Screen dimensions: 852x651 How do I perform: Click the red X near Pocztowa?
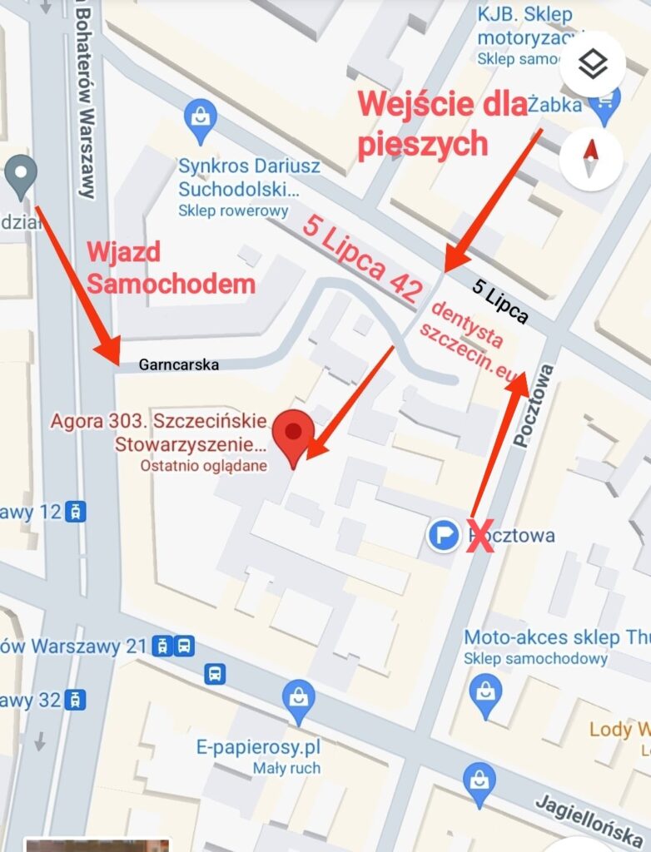[x=479, y=535]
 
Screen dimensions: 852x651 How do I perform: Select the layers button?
[x=592, y=64]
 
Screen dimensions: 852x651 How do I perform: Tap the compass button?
[x=592, y=158]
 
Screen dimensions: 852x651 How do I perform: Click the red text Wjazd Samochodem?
[x=171, y=268]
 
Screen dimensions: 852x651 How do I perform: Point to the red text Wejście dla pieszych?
[x=442, y=124]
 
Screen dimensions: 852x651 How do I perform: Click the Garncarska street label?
[x=179, y=364]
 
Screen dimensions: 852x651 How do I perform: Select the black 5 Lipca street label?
[x=499, y=301]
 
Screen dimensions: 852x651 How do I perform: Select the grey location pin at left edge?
[x=20, y=176]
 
